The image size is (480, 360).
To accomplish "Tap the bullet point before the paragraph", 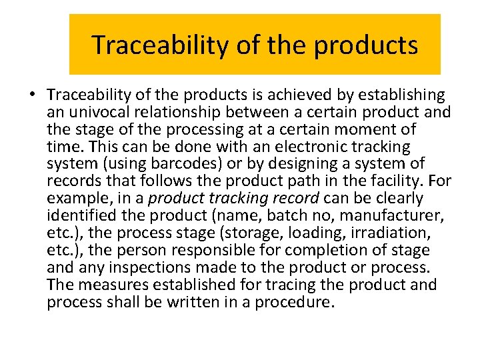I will coord(33,94).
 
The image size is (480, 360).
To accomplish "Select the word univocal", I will coord(107,111).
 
